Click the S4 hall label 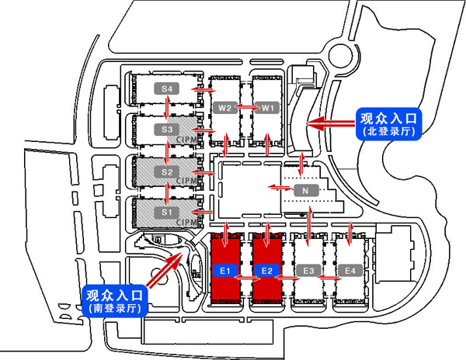coord(167,88)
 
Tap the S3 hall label coord(167,129)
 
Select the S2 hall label coord(167,171)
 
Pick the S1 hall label coord(167,212)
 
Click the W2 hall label coord(225,108)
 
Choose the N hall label coord(307,191)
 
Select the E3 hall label coord(309,271)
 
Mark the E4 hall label coord(350,271)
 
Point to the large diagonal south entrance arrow coord(165,268)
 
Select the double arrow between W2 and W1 coord(246,107)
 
